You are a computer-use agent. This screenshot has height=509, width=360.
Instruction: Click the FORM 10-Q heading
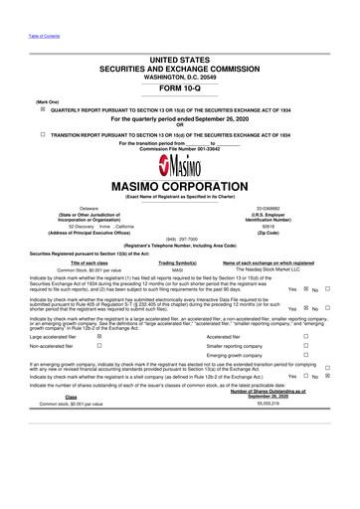point(179,84)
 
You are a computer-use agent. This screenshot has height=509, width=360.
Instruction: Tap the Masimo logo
point(179,162)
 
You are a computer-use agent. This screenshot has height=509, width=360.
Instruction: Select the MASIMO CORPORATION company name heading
point(180,185)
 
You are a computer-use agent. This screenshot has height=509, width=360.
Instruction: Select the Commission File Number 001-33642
point(179,148)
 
